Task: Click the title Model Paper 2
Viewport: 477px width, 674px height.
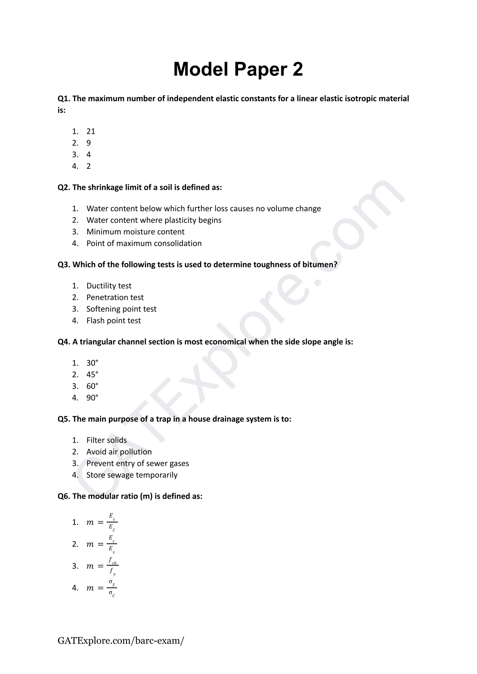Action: [x=238, y=69]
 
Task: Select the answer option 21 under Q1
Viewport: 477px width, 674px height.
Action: [x=91, y=131]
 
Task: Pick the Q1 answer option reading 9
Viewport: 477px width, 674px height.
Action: [x=88, y=143]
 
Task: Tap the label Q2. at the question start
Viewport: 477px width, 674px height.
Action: [x=64, y=187]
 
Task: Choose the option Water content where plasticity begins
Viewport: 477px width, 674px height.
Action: [x=154, y=220]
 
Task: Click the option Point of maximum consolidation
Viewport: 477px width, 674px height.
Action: [x=144, y=243]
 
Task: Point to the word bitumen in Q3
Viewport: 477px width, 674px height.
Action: [x=319, y=265]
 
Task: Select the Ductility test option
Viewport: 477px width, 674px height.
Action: [x=109, y=286]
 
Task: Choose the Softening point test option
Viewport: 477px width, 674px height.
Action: [x=121, y=309]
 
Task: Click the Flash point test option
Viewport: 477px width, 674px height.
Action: [x=114, y=321]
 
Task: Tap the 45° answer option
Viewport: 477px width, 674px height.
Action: [x=92, y=375]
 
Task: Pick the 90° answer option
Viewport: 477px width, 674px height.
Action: [x=92, y=398]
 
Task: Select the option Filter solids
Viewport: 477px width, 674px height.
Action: [x=106, y=440]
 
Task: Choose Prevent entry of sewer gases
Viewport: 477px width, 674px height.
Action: [x=138, y=463]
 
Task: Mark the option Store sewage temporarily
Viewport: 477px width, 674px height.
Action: [x=132, y=475]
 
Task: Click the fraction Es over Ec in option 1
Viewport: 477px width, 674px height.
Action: [x=112, y=523]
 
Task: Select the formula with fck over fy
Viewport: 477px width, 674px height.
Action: [x=113, y=566]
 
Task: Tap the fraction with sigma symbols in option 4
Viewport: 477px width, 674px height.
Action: [x=112, y=588]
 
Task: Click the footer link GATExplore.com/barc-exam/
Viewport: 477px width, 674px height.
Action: [x=121, y=640]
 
